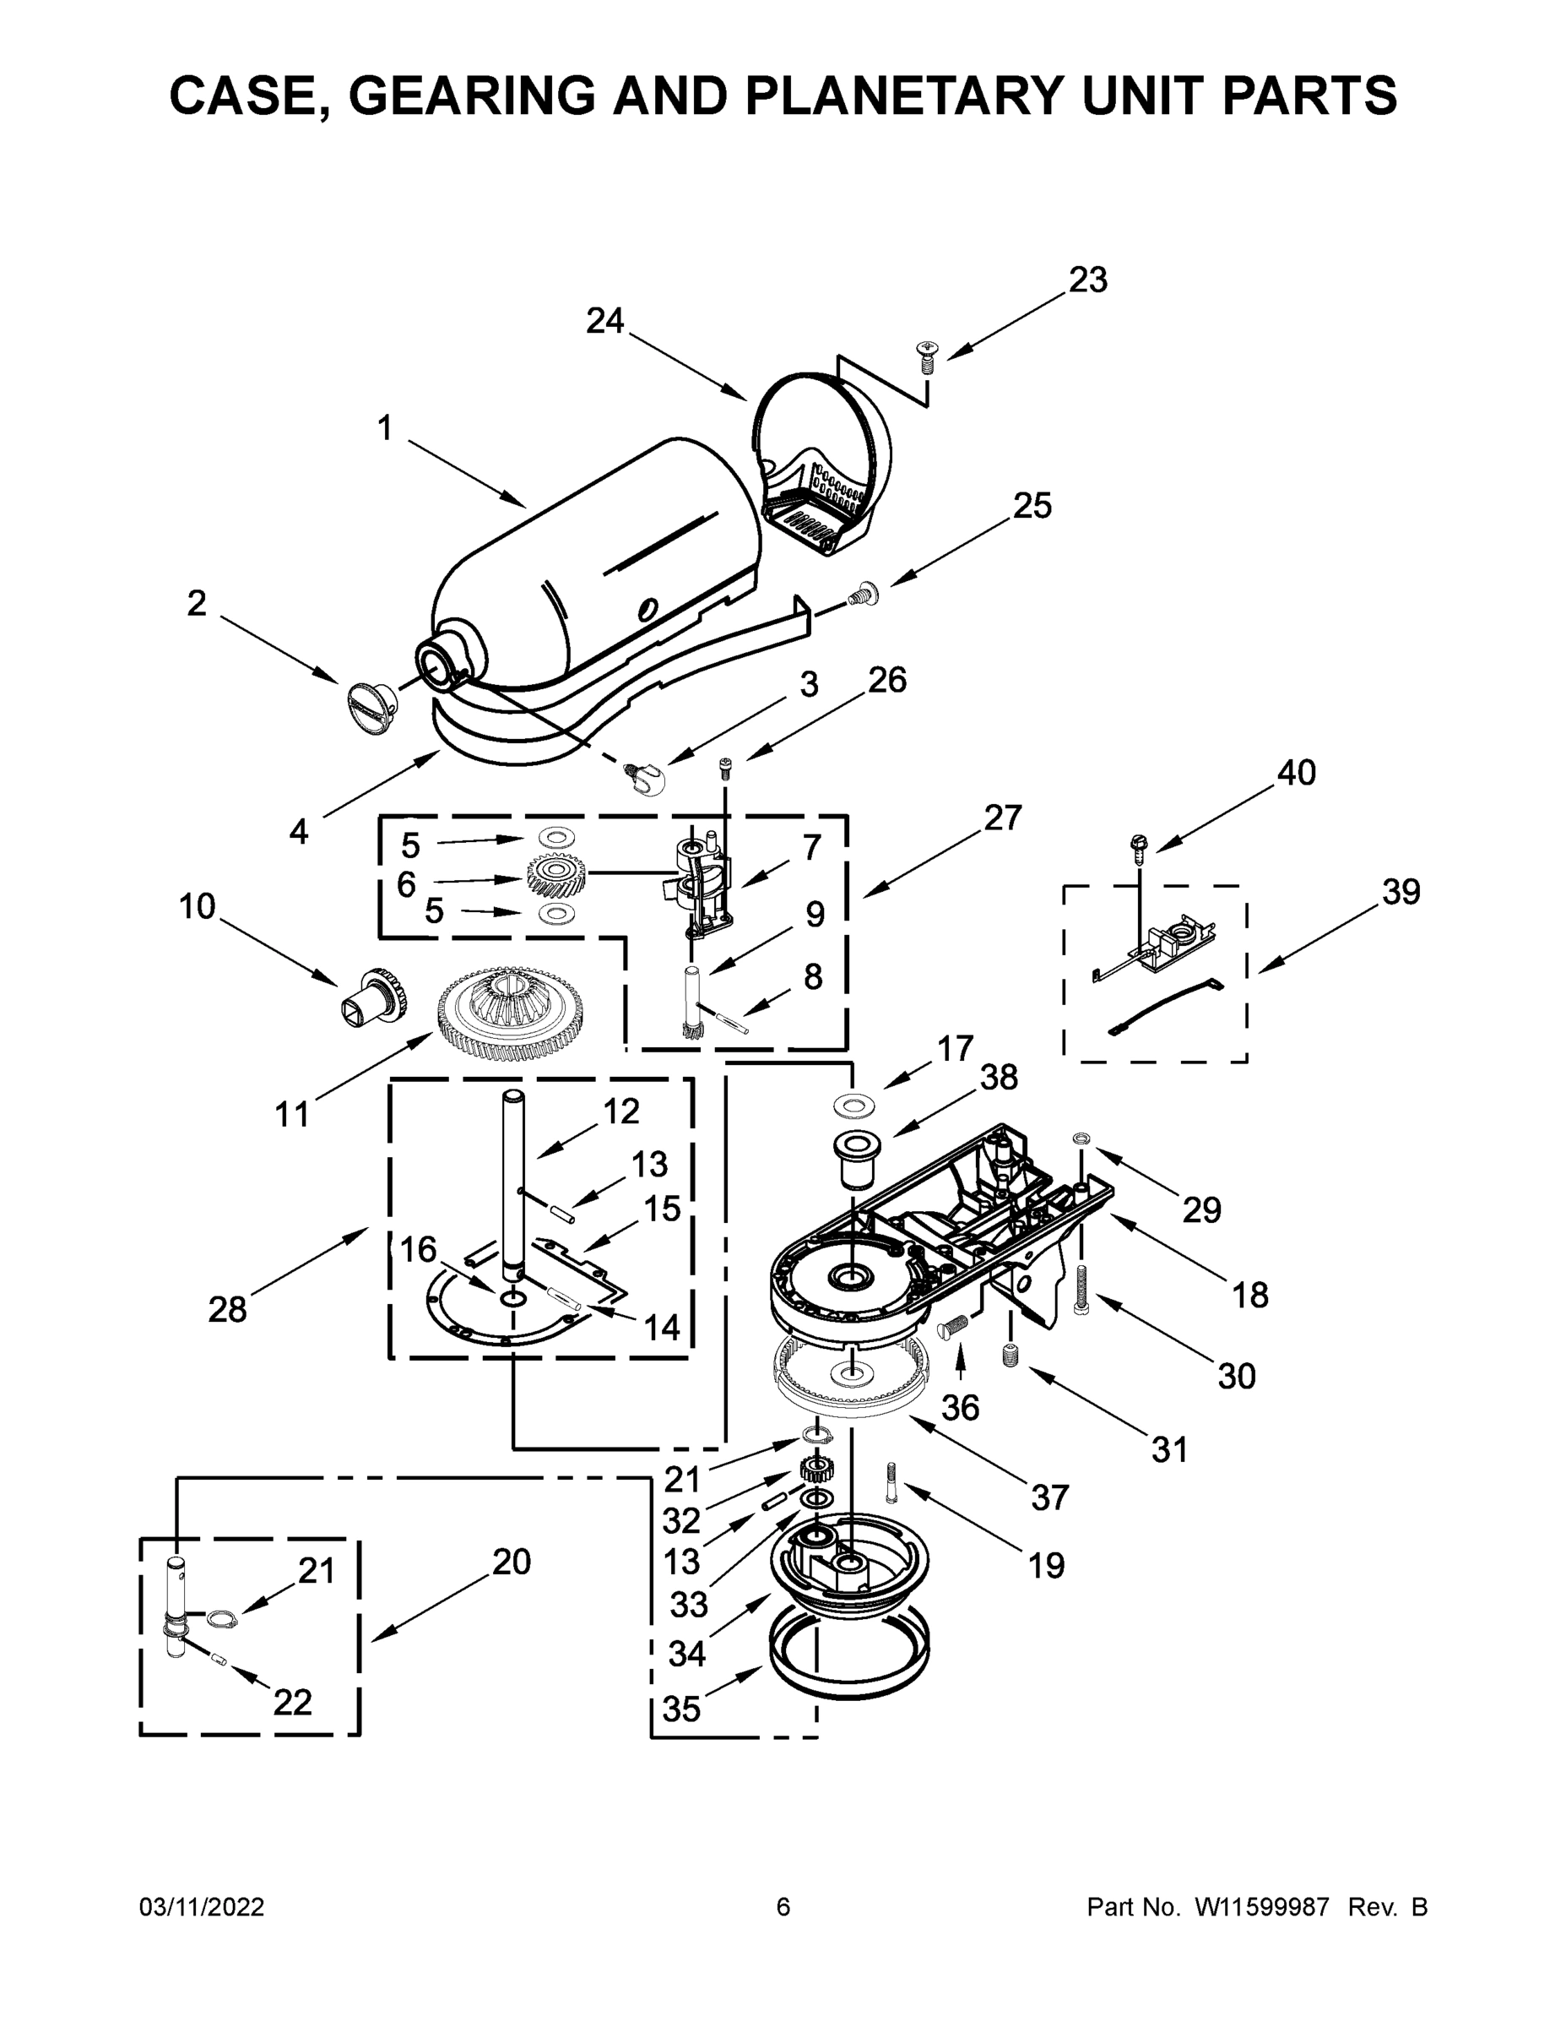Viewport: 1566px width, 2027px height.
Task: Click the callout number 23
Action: click(x=1087, y=280)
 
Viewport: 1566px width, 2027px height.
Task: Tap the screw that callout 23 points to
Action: click(x=926, y=356)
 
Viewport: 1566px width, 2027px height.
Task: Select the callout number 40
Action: click(x=1296, y=772)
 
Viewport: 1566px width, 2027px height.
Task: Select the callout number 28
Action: click(x=227, y=1310)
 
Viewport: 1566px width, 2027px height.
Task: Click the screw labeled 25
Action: click(x=864, y=590)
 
